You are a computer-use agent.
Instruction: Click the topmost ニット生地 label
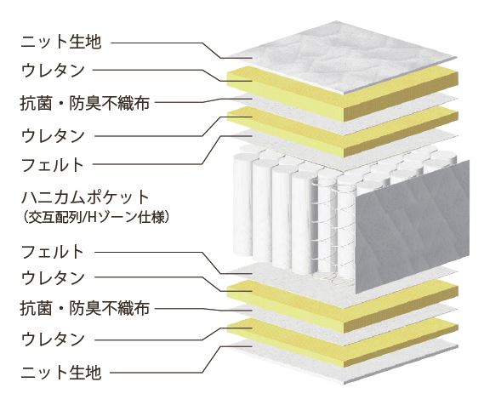click(60, 42)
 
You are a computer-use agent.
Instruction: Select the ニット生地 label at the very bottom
click(60, 373)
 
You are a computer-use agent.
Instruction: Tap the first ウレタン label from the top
click(53, 70)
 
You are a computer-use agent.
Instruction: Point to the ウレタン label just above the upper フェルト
click(53, 136)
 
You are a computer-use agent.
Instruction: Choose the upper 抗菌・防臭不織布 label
click(85, 103)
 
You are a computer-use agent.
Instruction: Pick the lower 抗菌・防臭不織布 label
click(85, 308)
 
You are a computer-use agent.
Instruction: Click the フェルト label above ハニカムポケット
click(53, 164)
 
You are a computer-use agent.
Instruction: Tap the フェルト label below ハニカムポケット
click(53, 252)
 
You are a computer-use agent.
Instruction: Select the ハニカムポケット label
click(85, 198)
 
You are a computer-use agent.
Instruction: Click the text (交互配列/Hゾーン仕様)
click(96, 218)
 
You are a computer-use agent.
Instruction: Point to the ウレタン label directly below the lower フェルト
click(53, 277)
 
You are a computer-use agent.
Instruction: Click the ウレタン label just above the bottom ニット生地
click(53, 339)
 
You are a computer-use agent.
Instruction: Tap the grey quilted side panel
click(413, 227)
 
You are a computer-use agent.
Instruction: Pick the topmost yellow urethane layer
click(343, 94)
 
